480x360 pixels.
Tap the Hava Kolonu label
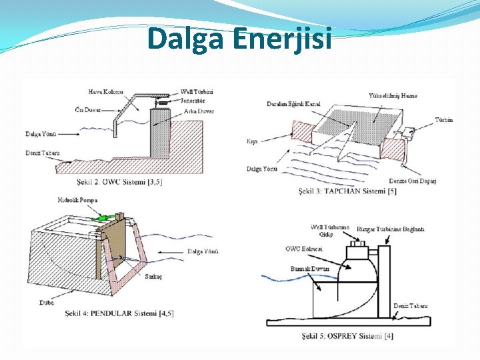[106, 91]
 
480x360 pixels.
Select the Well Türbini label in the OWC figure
[197, 92]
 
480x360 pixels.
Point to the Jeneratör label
[193, 101]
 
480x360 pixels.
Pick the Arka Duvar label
[199, 111]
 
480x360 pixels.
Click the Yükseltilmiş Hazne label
[393, 96]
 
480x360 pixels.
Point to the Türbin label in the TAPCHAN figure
[444, 120]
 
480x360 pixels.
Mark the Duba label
[47, 303]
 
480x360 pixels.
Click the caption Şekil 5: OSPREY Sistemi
[347, 335]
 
